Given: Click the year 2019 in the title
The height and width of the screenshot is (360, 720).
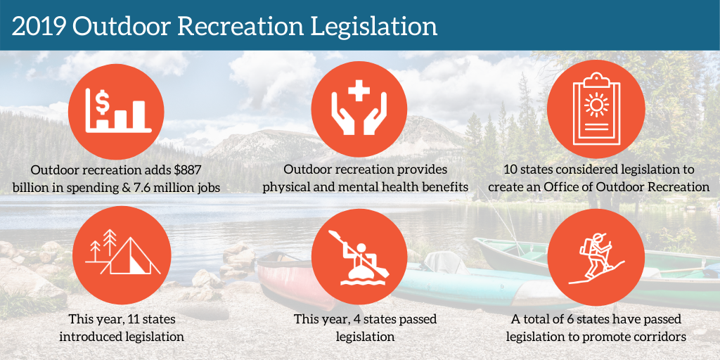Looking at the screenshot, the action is (38, 27).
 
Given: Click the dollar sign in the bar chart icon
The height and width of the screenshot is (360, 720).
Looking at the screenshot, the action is (103, 104).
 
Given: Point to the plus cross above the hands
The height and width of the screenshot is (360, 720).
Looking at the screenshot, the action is (359, 90).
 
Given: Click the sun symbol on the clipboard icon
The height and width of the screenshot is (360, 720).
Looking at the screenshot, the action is (596, 105).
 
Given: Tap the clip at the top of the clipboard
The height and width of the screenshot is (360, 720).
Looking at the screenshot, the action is (596, 78).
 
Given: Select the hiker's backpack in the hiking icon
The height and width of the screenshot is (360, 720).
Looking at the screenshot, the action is (584, 248).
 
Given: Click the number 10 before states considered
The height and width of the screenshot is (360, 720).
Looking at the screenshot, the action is (510, 169).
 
